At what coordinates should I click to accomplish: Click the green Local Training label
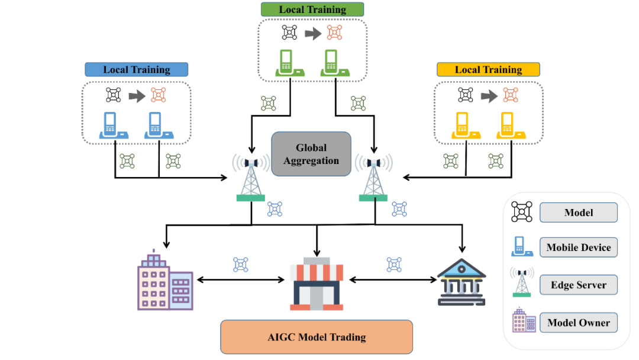[312, 9]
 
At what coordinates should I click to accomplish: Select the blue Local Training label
[137, 69]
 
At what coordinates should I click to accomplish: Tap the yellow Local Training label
[488, 69]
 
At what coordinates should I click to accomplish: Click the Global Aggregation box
[311, 154]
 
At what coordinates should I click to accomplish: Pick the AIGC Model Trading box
[317, 337]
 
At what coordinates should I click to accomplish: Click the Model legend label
[579, 213]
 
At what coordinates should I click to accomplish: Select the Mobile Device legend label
[579, 247]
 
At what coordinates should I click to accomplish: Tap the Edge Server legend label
[579, 285]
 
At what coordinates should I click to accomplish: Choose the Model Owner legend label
[579, 323]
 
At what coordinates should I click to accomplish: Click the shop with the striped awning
[317, 284]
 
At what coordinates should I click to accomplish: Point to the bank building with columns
[461, 282]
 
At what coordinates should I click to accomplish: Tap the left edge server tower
[251, 178]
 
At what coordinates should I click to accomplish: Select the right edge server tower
[373, 178]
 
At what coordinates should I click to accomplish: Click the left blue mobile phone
[114, 125]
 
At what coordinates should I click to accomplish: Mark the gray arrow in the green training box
[313, 33]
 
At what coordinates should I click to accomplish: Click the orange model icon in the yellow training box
[510, 95]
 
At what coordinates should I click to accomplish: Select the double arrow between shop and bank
[393, 279]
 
